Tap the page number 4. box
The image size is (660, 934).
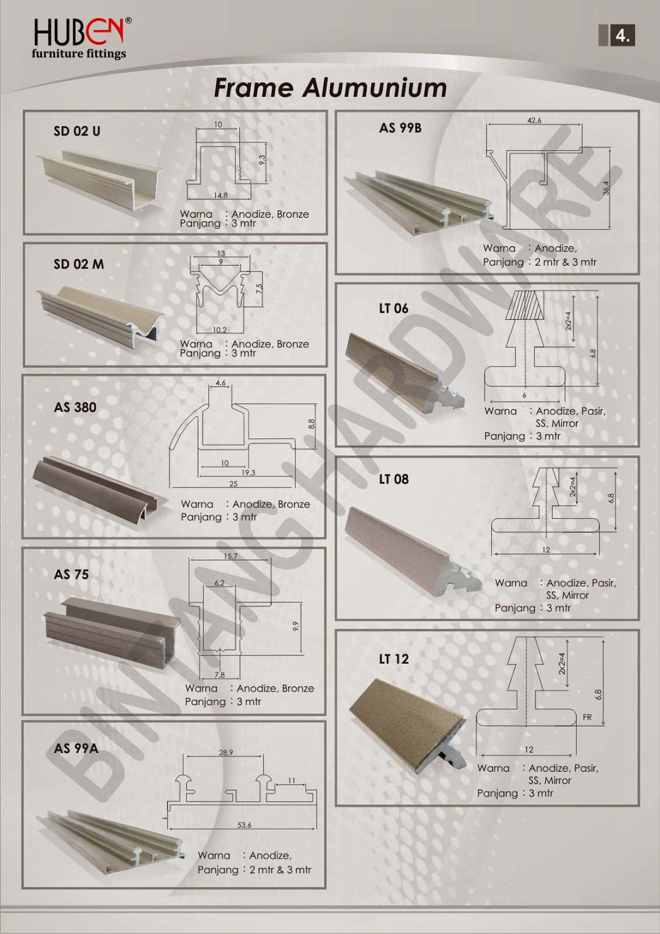621,36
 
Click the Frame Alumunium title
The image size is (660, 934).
330,88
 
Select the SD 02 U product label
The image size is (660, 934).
76,131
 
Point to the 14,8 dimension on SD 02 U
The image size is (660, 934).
220,196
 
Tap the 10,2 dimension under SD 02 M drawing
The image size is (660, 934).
219,330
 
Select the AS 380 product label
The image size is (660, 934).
75,407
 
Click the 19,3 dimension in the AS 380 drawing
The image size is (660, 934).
248,473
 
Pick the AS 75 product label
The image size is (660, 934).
71,574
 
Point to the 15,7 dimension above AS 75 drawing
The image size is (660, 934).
231,556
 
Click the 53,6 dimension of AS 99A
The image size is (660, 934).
244,825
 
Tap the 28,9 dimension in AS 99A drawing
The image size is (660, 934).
226,752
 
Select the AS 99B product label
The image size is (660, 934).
400,128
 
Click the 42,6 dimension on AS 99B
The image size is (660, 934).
534,120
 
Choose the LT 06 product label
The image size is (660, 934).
393,308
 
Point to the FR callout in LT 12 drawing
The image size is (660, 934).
587,717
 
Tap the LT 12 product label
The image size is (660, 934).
393,659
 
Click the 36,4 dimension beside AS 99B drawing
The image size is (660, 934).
606,188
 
